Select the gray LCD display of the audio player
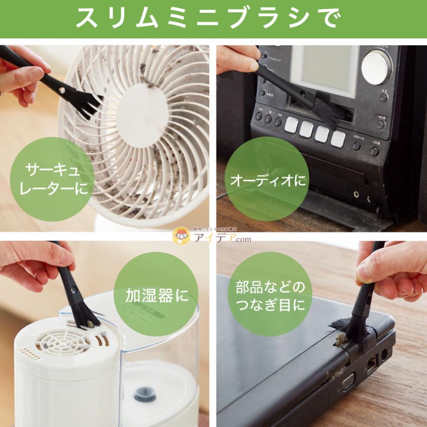tap(325, 69)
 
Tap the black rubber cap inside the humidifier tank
tap(145, 394)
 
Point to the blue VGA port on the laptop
tap(348, 381)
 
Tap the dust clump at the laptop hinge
tap(340, 338)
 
